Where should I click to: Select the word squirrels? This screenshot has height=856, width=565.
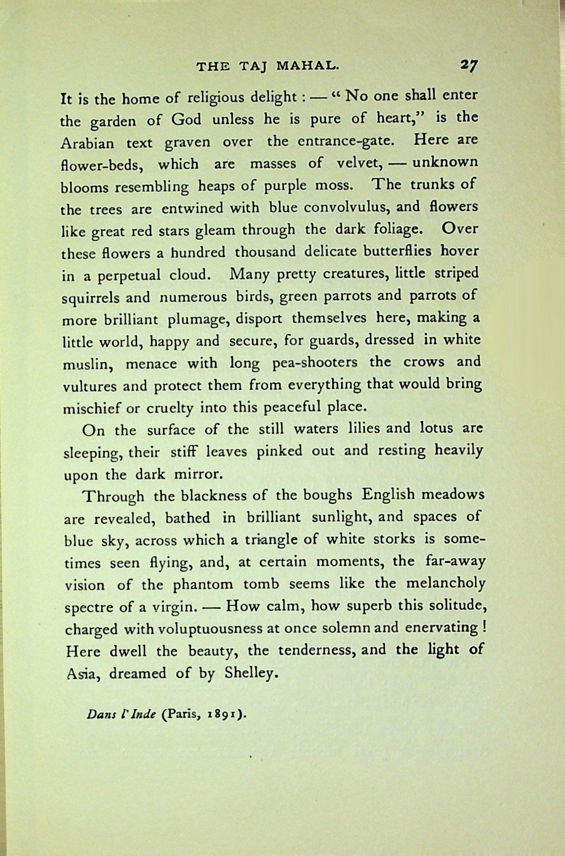(x=90, y=298)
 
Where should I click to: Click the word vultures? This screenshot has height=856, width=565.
(x=88, y=386)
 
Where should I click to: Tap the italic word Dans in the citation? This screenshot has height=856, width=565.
(x=97, y=714)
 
